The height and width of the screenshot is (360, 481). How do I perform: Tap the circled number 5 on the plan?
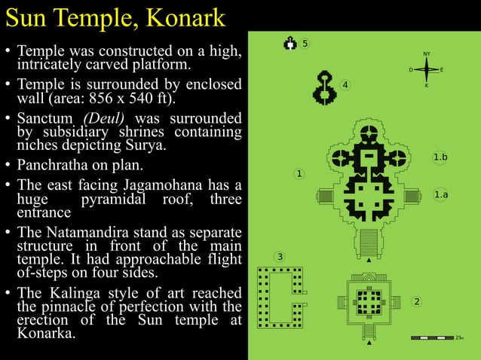pos(305,44)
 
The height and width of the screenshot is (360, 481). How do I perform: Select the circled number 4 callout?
pos(345,84)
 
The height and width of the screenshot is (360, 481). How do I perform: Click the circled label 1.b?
pos(441,157)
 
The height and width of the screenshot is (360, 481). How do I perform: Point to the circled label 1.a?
pos(441,195)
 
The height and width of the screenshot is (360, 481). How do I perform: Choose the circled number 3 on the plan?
pos(280,257)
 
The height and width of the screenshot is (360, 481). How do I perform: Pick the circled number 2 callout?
pos(417,302)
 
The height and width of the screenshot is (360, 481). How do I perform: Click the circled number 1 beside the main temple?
pos(299,175)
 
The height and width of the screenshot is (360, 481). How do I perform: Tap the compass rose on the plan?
pos(426,70)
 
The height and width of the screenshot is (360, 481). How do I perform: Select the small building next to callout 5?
pos(290,44)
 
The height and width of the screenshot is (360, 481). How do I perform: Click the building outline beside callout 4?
pos(326,87)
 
